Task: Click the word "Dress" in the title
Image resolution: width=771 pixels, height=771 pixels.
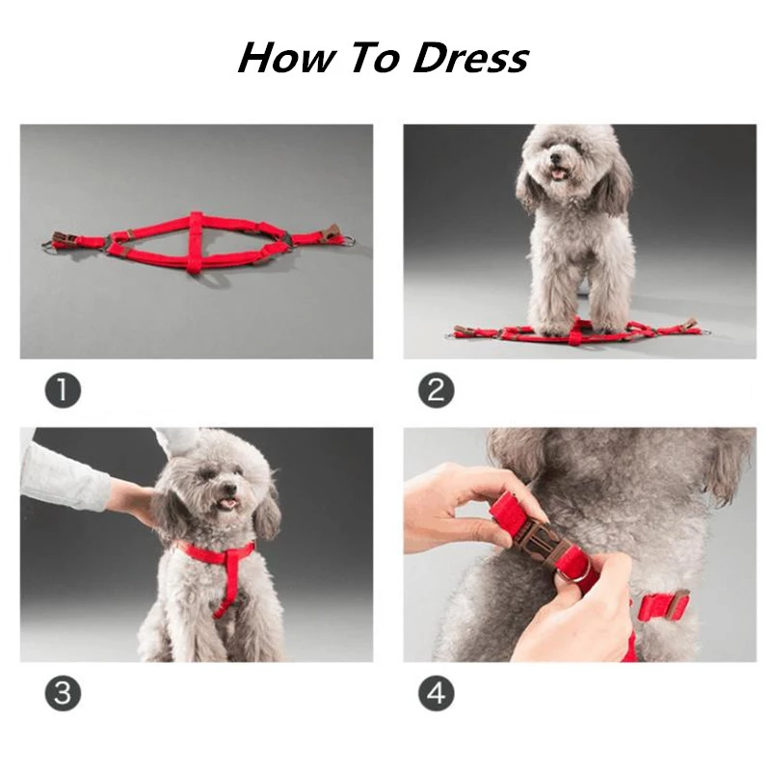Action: coord(471,58)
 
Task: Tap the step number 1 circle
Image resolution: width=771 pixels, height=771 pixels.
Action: coord(63,390)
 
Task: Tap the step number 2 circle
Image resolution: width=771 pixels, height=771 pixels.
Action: coord(436,390)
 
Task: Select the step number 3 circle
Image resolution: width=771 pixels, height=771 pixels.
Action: coord(63,694)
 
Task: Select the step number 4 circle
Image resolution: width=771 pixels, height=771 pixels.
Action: coord(436,694)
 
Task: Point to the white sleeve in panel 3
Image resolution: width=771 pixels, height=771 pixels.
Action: coord(63,477)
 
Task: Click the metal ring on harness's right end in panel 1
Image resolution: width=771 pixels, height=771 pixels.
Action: coord(347,240)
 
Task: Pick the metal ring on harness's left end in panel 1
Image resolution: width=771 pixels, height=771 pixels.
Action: coord(50,246)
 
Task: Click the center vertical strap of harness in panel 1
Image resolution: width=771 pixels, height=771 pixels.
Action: coord(197,241)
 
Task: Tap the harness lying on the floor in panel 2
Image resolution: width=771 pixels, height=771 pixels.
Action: coord(578,332)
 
